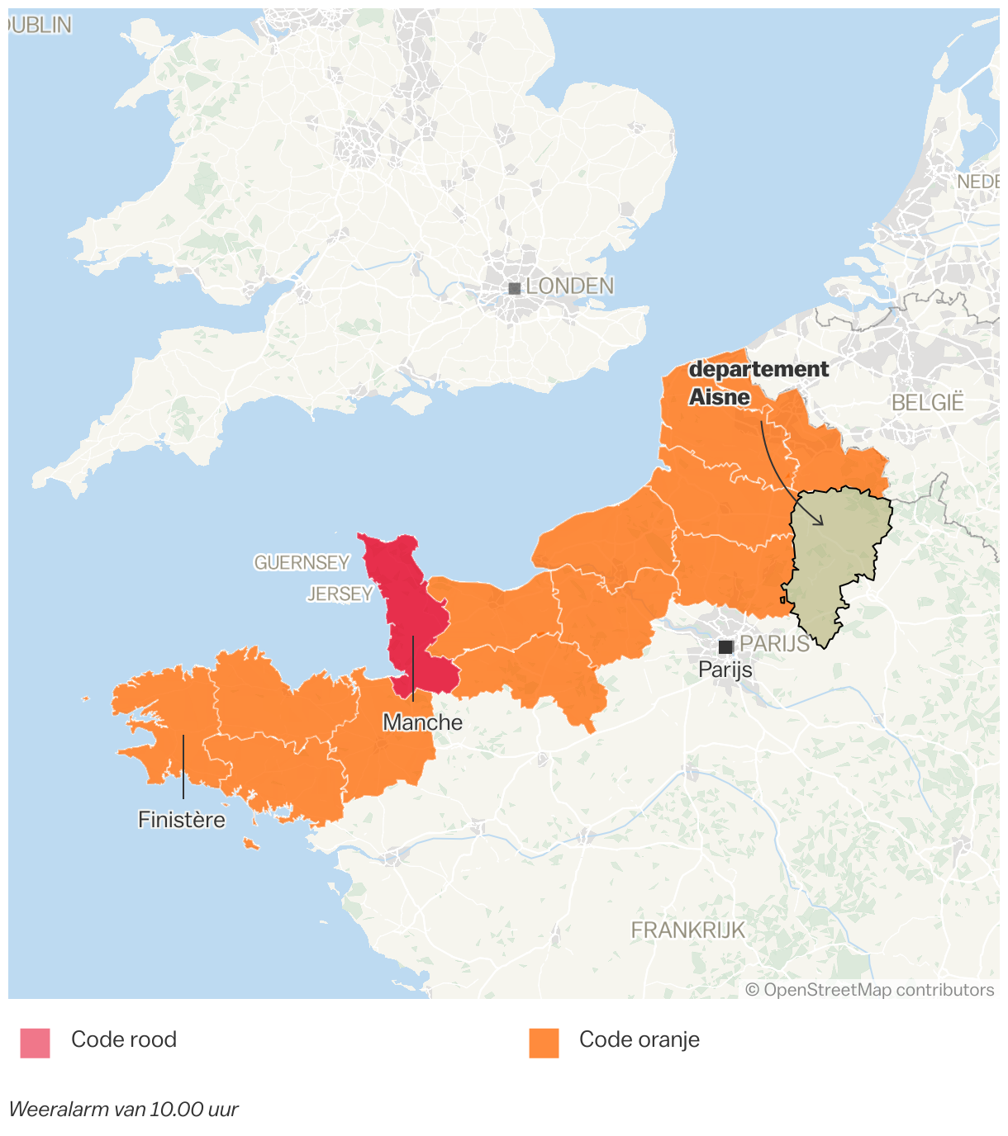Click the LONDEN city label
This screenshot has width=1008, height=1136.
(x=569, y=286)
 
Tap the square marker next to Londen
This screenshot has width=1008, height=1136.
(x=514, y=288)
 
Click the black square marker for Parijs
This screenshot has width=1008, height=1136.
(x=725, y=646)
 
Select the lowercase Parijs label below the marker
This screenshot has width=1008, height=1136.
(x=725, y=669)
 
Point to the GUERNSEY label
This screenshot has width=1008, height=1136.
(x=302, y=563)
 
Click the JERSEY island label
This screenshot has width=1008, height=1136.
(x=340, y=594)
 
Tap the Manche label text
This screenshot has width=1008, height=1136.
(x=422, y=722)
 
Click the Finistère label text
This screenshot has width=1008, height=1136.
(x=182, y=820)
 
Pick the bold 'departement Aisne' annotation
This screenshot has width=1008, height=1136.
(x=758, y=383)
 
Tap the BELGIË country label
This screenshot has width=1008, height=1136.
(x=927, y=403)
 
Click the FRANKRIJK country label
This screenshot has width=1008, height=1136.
(x=687, y=930)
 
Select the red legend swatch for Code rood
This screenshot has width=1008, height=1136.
(x=35, y=1043)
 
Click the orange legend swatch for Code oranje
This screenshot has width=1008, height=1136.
(x=544, y=1043)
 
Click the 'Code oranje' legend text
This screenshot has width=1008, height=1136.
(x=639, y=1039)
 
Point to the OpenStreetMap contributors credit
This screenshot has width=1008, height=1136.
(x=870, y=990)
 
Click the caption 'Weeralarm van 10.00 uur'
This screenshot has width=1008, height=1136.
(x=123, y=1109)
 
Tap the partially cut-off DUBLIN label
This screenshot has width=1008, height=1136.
(x=39, y=26)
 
